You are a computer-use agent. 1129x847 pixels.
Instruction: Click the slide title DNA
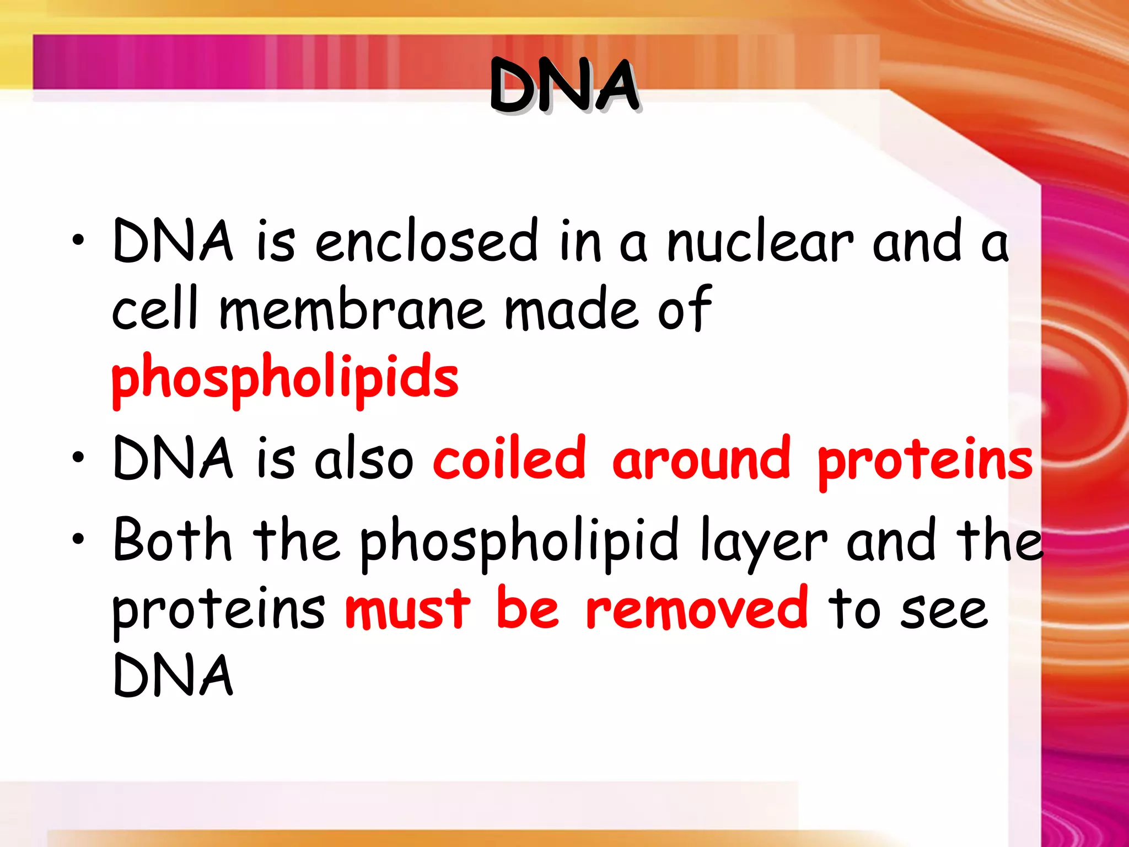(564, 87)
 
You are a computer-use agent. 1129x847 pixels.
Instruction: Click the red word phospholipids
(285, 377)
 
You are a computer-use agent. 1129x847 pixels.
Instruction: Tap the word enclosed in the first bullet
(426, 241)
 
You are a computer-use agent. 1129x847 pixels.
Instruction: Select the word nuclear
(760, 241)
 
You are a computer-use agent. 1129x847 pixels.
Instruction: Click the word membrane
(353, 309)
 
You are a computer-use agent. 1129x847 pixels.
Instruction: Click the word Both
(172, 541)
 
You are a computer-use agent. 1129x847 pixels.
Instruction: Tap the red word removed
(697, 609)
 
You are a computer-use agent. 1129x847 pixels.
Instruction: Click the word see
(944, 611)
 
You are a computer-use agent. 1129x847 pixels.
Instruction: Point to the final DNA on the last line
(173, 676)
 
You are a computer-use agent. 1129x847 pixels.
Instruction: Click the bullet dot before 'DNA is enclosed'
(78, 241)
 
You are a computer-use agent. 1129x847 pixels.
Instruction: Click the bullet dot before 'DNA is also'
(78, 458)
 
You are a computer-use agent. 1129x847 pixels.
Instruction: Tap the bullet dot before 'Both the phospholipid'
(78, 539)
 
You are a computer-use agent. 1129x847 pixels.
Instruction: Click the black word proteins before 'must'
(218, 611)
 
